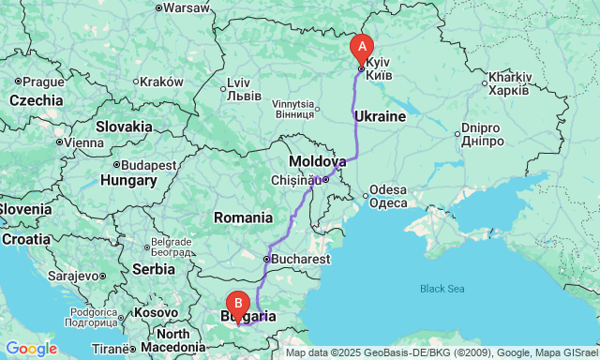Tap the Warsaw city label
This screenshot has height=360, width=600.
[186, 7]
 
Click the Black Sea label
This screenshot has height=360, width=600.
[442, 288]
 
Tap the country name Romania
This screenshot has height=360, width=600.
[242, 217]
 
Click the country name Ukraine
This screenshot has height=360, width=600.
[379, 117]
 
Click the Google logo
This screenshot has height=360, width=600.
[30, 349]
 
